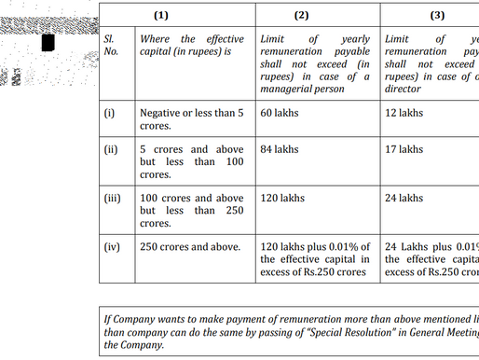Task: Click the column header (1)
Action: (x=190, y=15)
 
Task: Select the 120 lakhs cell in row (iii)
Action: (x=282, y=198)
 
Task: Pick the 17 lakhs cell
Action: (x=404, y=149)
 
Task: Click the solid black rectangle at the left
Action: (x=48, y=43)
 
